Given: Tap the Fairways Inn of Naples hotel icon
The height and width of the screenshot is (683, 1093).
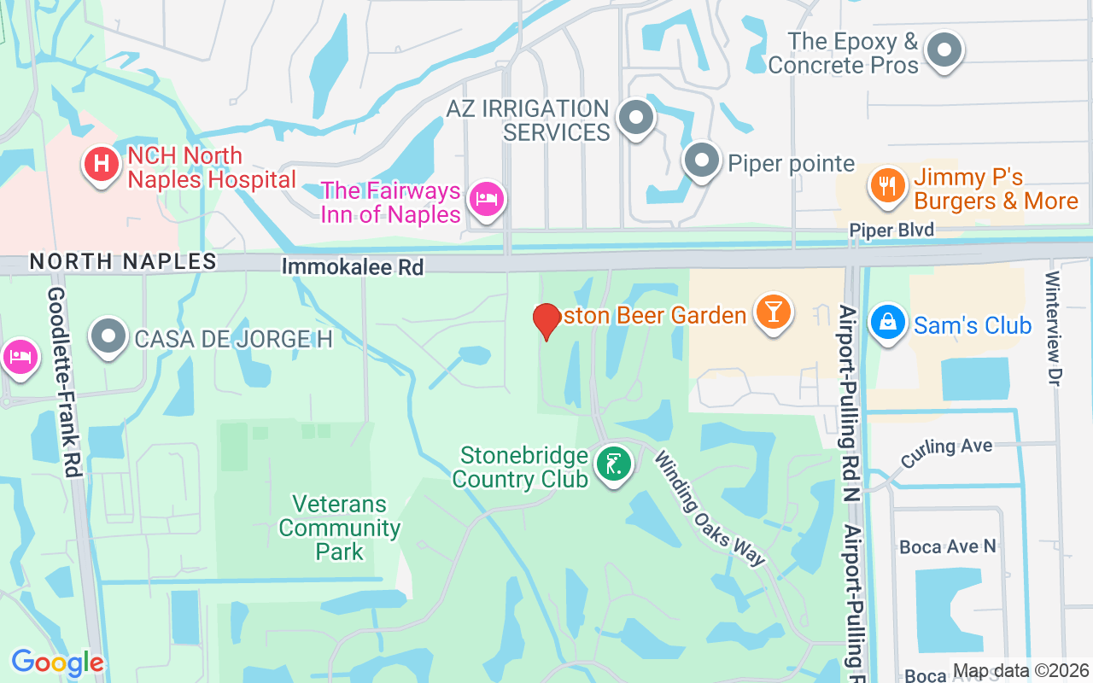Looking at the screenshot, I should [x=487, y=199].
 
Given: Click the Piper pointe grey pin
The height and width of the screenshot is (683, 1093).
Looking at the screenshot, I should [x=702, y=160].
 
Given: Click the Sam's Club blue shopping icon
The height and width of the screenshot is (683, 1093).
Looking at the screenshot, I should [x=888, y=323].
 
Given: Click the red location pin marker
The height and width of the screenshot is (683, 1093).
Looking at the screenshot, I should [x=546, y=321].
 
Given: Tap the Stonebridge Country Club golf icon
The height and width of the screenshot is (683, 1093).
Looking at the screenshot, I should [x=613, y=464].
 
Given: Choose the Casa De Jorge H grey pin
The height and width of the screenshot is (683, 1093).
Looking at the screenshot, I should [x=108, y=336].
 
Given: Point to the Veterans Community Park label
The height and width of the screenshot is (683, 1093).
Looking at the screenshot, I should [x=340, y=528].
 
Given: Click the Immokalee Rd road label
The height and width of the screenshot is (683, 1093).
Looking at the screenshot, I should [x=353, y=267].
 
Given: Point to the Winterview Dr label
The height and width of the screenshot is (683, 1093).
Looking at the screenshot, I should [x=1052, y=328].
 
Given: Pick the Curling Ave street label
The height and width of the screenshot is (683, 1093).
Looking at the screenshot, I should [x=946, y=447].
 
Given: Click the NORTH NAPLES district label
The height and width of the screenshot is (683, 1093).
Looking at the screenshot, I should [x=123, y=261].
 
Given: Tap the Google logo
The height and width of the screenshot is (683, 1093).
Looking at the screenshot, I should [x=57, y=663].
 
